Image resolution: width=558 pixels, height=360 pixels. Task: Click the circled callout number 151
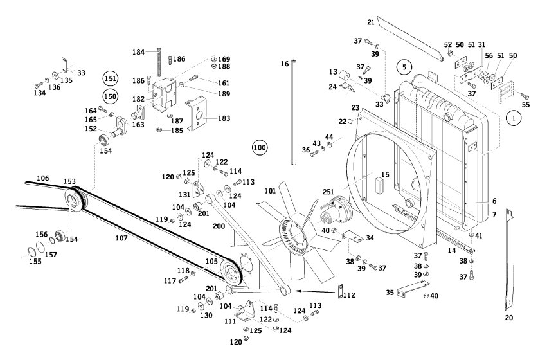coord(111,79)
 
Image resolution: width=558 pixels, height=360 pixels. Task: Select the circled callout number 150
coord(111,96)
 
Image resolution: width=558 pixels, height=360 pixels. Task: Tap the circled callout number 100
coord(260,147)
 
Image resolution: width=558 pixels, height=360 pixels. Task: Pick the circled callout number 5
coord(404,66)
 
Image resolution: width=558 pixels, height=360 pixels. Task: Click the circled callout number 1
coord(513,118)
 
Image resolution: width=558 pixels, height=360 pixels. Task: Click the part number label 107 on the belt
coord(122,238)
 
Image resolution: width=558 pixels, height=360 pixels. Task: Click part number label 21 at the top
coord(371,22)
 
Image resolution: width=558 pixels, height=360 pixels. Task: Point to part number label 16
coord(284,64)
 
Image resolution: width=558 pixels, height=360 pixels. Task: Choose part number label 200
coord(219,227)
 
